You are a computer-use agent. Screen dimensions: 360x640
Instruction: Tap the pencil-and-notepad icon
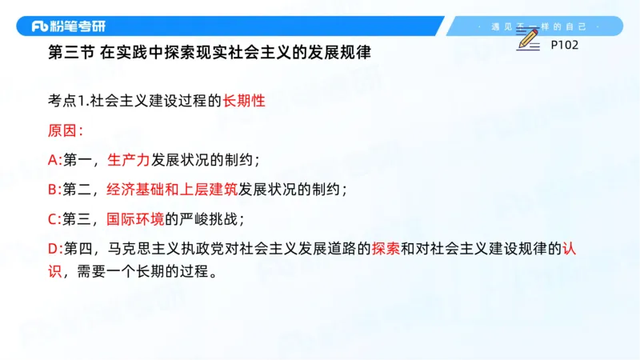pos(527,39)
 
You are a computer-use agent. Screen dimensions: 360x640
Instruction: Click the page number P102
pos(564,45)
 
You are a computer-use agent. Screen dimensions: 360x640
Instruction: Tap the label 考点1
pos(65,102)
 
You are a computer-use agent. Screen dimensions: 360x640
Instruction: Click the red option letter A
pos(53,160)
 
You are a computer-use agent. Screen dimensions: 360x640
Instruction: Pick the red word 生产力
pos(128,160)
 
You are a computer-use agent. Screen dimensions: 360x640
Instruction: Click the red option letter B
pos(53,190)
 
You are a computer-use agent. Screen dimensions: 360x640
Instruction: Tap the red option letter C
pos(53,218)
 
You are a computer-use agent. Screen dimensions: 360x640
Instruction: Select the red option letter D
pos(53,248)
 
